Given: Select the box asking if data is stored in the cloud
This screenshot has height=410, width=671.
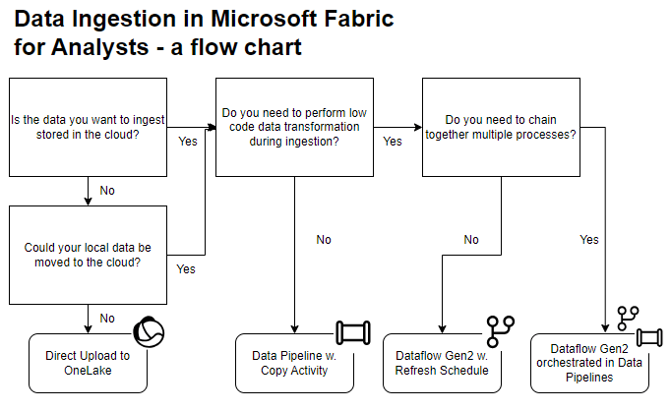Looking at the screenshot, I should [88, 127].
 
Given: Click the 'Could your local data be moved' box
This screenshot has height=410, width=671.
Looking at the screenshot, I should [88, 255].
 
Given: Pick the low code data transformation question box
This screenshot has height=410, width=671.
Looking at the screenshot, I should [294, 127].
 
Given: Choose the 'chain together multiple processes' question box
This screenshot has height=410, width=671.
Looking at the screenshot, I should [501, 127].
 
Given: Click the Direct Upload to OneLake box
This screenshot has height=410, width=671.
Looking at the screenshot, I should [88, 362].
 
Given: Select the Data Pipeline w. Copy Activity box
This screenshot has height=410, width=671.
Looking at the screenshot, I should [294, 362].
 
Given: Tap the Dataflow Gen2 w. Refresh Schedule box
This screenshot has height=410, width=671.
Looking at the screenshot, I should [442, 362].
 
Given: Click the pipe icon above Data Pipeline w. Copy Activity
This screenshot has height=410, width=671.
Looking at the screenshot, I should [351, 331].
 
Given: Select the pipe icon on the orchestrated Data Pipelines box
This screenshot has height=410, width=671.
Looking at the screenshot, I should [647, 337].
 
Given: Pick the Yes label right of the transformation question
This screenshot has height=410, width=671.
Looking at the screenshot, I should [393, 142].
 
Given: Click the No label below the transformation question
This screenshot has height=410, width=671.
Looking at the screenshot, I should [324, 239].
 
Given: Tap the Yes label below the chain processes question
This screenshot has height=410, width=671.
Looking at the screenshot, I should [589, 239].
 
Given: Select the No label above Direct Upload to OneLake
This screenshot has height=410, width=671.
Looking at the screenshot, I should [107, 318].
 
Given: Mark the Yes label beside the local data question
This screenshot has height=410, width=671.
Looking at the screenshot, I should [186, 267].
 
